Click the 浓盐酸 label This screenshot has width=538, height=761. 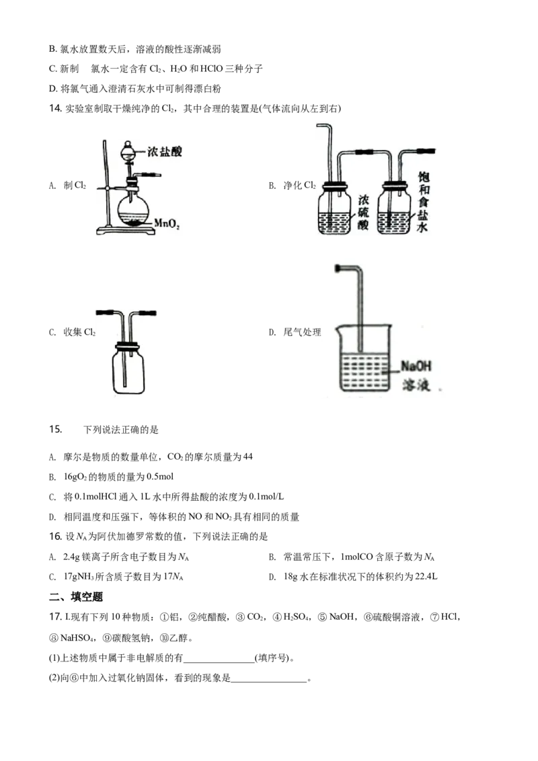click(164, 152)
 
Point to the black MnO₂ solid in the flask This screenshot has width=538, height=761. click(134, 221)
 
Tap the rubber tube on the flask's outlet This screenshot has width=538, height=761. click(151, 175)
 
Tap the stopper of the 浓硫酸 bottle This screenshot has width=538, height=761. click(337, 186)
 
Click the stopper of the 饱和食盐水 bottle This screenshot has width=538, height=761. click(395, 186)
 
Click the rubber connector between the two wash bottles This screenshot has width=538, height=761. click(367, 153)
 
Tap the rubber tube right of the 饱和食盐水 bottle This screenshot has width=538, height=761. click(426, 152)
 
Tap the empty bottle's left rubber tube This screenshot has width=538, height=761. click(104, 313)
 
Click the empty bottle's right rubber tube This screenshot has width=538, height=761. click(151, 313)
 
